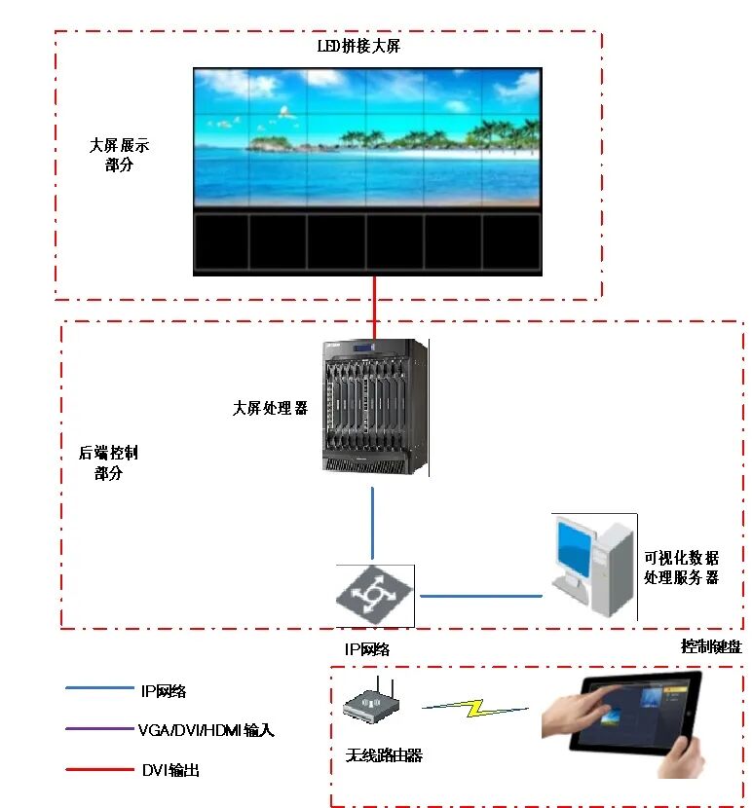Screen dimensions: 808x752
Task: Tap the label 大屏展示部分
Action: tap(119, 155)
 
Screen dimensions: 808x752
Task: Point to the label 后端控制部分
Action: tap(108, 463)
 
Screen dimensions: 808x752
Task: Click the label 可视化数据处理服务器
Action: tap(681, 568)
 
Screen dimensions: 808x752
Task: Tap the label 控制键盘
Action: tap(710, 646)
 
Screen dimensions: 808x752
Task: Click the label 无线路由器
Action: tap(384, 754)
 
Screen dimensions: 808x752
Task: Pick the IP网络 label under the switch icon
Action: tap(366, 648)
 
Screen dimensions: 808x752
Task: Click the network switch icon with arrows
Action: tap(375, 595)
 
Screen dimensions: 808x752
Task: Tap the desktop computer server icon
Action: tap(592, 566)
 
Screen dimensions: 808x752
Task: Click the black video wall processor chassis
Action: tap(374, 407)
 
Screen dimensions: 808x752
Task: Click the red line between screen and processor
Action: tap(374, 307)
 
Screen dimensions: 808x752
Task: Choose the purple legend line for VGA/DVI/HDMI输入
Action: tap(98, 729)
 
